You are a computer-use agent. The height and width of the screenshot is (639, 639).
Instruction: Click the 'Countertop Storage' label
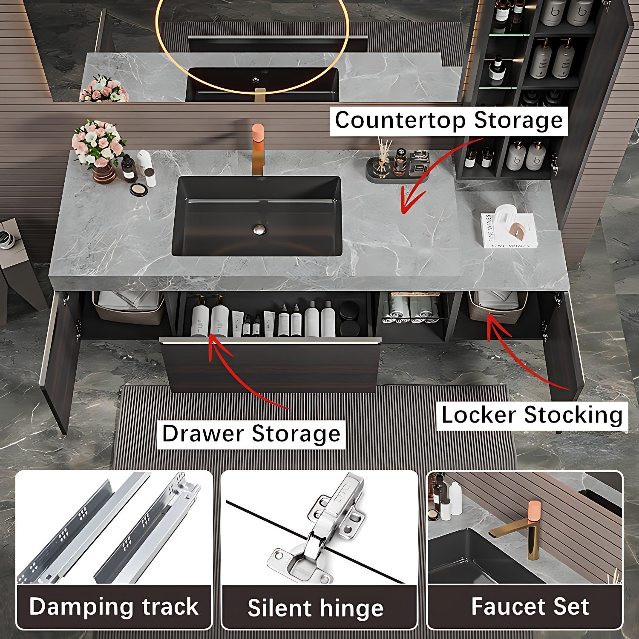tap(449, 121)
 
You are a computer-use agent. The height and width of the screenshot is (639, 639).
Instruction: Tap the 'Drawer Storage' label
tap(251, 434)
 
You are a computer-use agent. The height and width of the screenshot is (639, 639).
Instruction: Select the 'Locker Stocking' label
tap(532, 415)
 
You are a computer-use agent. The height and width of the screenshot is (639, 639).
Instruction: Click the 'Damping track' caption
tap(114, 606)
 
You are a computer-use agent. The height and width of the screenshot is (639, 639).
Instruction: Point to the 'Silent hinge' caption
tap(316, 608)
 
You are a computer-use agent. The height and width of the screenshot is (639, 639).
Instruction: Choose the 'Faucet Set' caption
tap(530, 606)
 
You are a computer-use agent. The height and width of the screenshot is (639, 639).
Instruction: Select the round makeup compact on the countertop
tap(138, 190)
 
